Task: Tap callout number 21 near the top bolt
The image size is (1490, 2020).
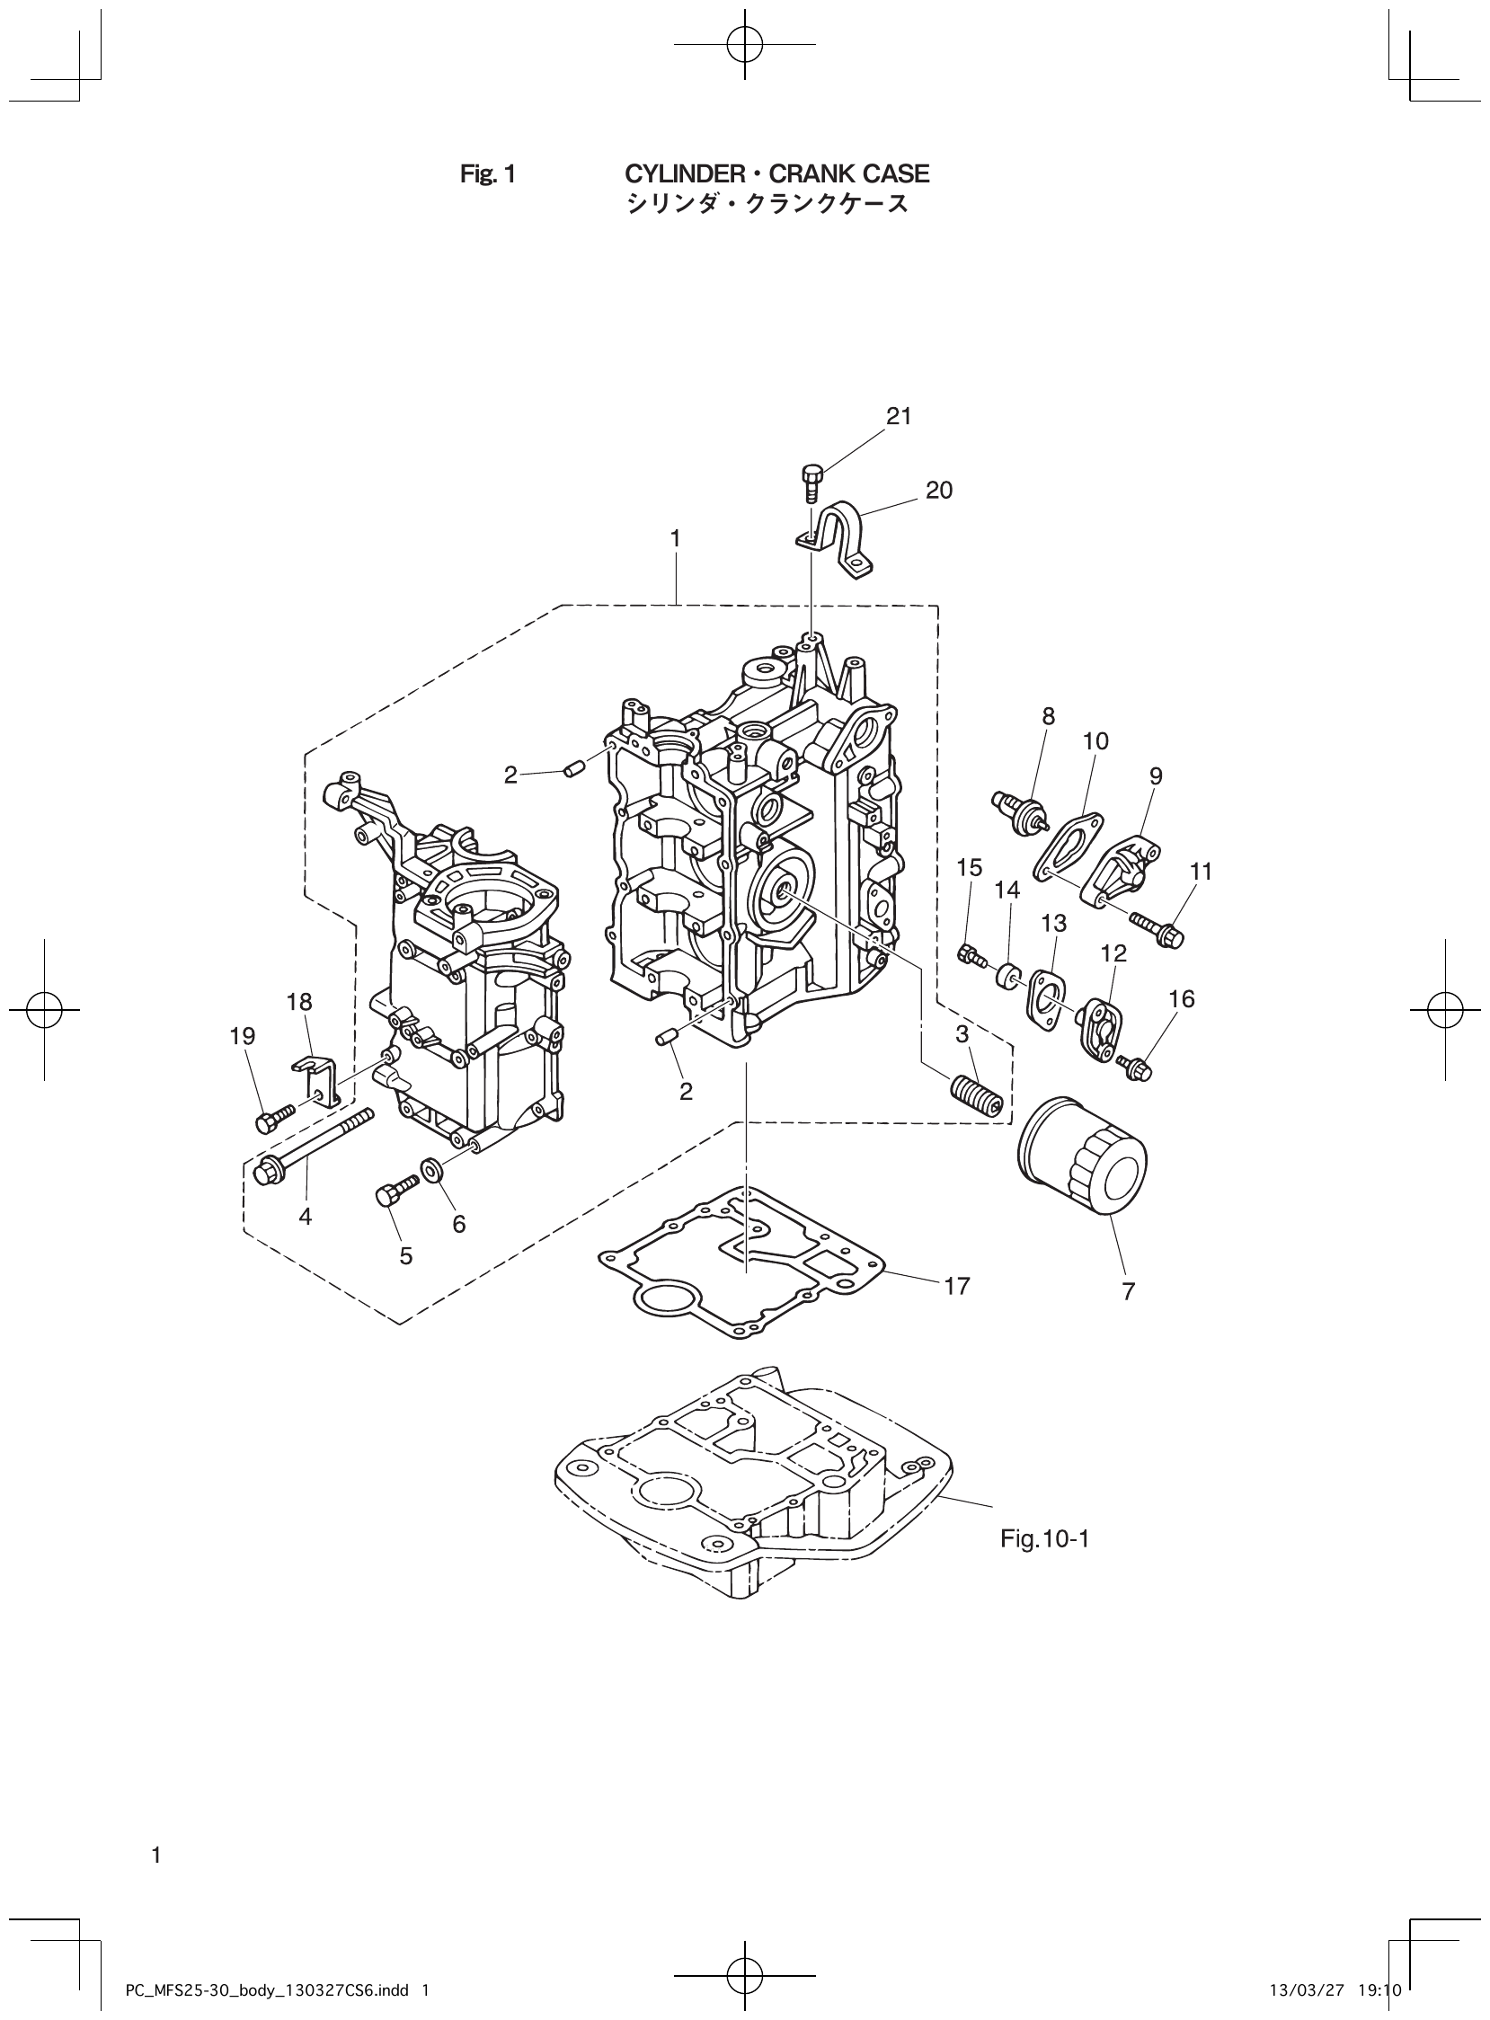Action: tap(899, 416)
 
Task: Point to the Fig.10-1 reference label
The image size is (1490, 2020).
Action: tap(1044, 1538)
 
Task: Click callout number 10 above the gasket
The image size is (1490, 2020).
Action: tap(1095, 741)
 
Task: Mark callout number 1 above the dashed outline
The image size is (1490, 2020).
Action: tap(675, 538)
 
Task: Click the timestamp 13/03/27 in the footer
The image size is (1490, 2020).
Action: tap(1295, 1983)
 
